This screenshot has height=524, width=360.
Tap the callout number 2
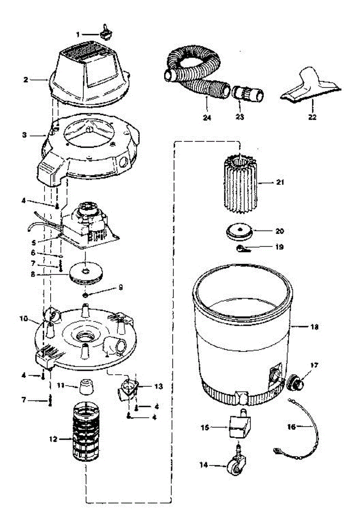26,79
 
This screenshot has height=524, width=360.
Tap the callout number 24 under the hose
207,117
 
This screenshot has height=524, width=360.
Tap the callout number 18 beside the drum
315,327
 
